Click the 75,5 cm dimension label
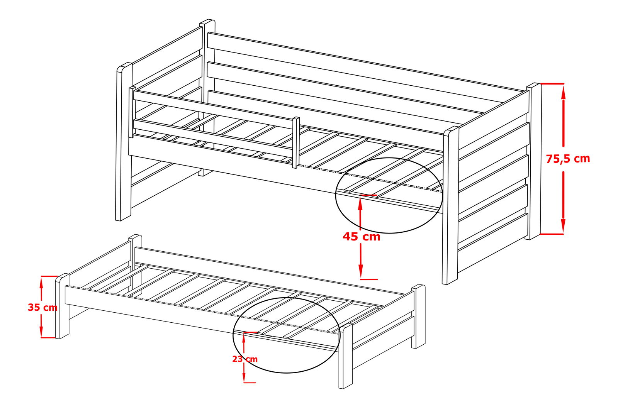[x=568, y=159]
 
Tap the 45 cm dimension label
[x=362, y=237]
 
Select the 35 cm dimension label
[x=42, y=307]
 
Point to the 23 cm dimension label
[x=245, y=359]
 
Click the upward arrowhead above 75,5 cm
[x=564, y=93]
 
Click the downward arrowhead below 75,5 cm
[x=564, y=225]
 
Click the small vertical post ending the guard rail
[x=296, y=142]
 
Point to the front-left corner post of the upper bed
[x=124, y=142]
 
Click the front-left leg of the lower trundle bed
[x=62, y=306]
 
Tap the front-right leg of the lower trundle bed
[x=346, y=356]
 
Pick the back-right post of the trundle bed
[x=419, y=316]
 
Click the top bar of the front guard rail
[x=213, y=108]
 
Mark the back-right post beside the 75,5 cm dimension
[x=533, y=161]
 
